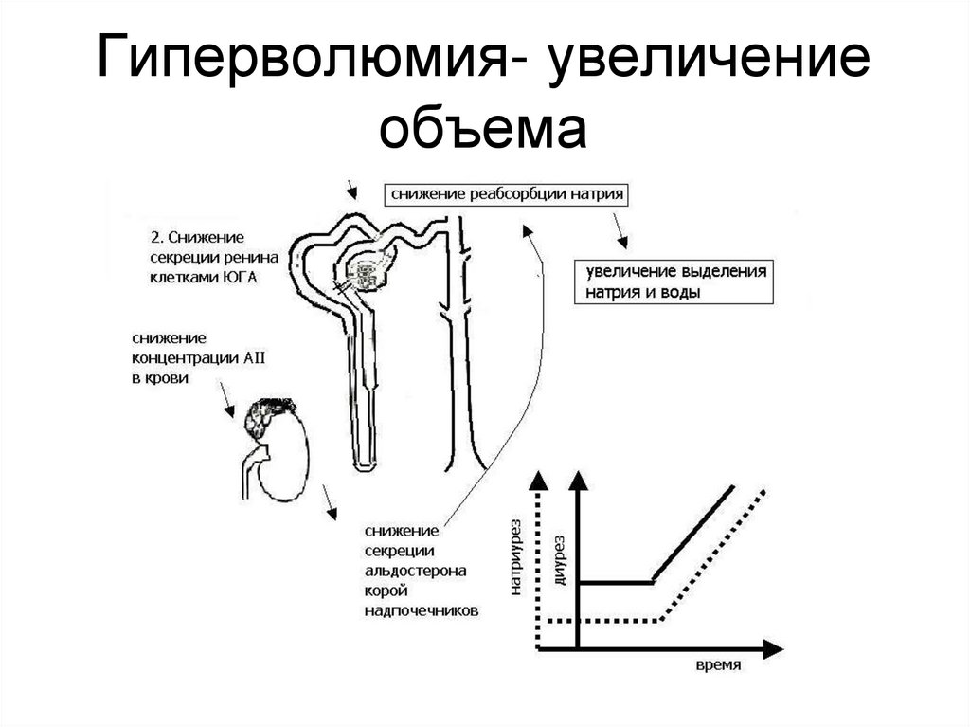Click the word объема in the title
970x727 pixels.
point(484,129)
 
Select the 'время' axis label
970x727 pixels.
point(717,666)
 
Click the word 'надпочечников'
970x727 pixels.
point(421,611)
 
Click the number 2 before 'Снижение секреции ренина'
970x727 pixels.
point(155,235)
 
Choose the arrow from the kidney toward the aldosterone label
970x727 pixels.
point(330,501)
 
